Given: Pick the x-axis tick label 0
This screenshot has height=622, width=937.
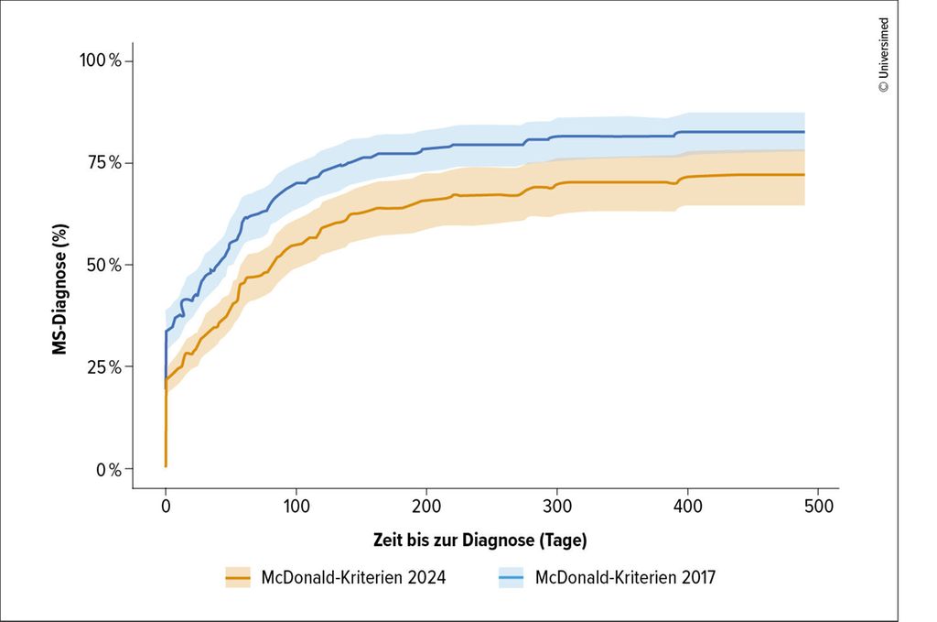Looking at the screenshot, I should (x=165, y=507).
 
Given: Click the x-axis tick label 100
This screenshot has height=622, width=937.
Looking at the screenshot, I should (x=296, y=507).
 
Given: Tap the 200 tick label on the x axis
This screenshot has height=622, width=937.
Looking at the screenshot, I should (x=426, y=507).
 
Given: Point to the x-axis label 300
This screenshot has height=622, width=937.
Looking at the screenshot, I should (x=556, y=507).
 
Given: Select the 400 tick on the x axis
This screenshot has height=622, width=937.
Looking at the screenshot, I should (x=687, y=507).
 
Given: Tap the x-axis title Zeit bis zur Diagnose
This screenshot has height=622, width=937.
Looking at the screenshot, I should (x=479, y=540).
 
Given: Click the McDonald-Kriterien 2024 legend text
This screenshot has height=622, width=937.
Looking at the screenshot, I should (x=353, y=577).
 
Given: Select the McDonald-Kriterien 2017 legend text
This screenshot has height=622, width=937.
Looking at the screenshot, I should (x=625, y=577).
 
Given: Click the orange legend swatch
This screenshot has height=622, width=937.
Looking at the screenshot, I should (x=238, y=577).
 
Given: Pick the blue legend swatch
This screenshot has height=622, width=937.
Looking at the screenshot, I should (x=512, y=577).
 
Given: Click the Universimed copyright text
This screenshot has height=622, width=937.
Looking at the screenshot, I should (x=883, y=55).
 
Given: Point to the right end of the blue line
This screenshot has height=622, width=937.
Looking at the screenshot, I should (x=803, y=132).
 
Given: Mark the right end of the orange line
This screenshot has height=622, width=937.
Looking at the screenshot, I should (x=803, y=175).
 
